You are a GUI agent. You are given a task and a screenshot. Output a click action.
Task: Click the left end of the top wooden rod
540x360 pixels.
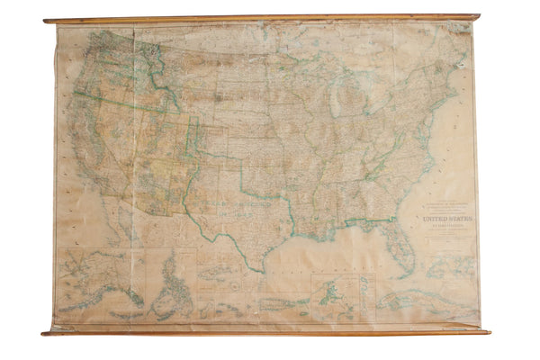47,20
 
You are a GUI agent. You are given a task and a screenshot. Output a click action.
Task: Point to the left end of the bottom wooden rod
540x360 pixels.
45,334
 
